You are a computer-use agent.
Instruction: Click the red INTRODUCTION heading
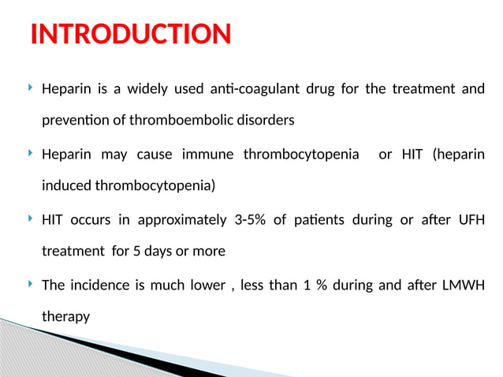(130, 34)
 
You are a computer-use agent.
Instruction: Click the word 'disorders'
(263, 121)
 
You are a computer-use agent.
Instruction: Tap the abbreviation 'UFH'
(470, 219)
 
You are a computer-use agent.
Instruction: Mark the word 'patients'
(313, 219)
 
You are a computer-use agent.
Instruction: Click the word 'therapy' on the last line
(65, 317)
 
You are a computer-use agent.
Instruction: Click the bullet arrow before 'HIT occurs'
(29, 218)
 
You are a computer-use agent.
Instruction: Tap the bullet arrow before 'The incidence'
(29, 283)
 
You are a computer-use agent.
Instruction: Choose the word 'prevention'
(73, 121)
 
